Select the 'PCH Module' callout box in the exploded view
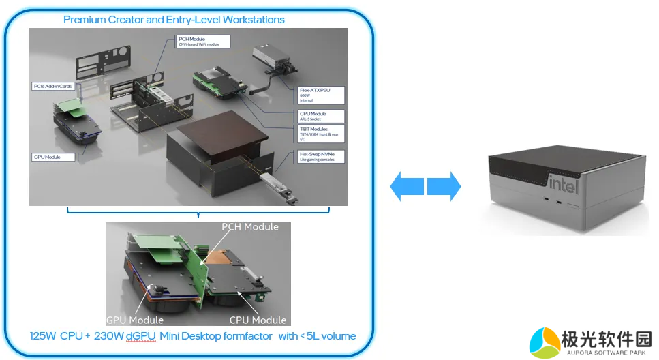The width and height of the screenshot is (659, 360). point(202,42)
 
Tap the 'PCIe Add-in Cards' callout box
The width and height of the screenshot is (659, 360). point(53,87)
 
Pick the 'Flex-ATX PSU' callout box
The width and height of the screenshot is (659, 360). point(321,95)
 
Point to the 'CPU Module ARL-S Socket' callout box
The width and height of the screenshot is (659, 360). point(321,116)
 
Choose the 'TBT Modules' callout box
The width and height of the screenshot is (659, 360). point(321,134)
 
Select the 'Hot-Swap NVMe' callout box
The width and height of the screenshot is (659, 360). point(321,157)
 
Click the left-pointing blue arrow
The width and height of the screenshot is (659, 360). point(407,186)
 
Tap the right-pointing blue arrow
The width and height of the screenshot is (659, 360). point(444,186)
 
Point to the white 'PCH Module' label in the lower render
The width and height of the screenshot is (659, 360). point(249,227)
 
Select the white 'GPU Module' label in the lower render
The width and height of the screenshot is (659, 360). point(135,320)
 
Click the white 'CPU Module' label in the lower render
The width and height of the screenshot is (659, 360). point(258,320)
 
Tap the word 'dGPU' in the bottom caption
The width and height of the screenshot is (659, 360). point(141,337)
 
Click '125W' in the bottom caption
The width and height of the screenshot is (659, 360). point(43,337)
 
